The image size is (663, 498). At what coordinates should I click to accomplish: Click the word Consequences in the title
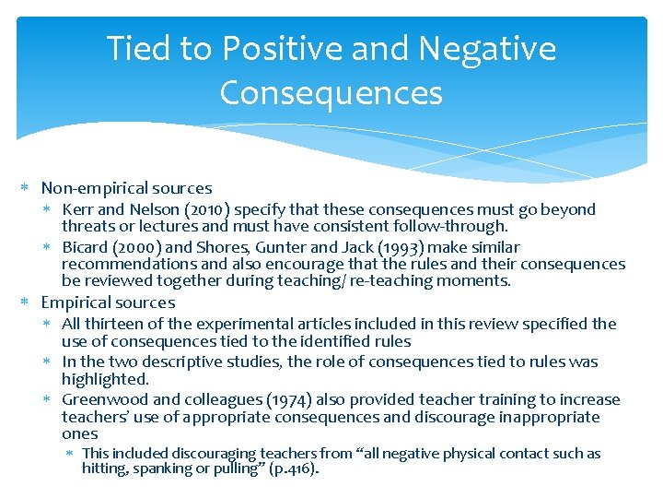coord(331,93)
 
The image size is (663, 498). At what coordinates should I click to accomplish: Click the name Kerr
coord(77,209)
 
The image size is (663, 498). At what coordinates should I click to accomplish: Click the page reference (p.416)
coord(291,468)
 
